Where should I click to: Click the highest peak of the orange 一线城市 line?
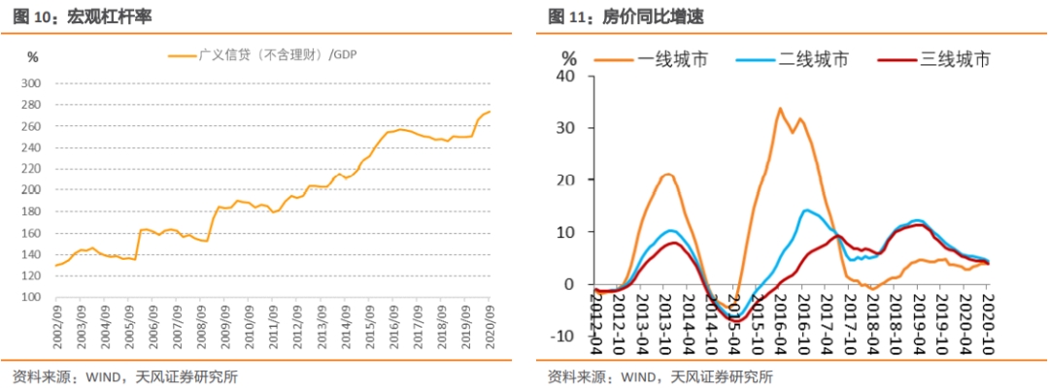point(779,109)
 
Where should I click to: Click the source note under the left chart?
point(124,376)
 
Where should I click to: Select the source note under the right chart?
point(660,376)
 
